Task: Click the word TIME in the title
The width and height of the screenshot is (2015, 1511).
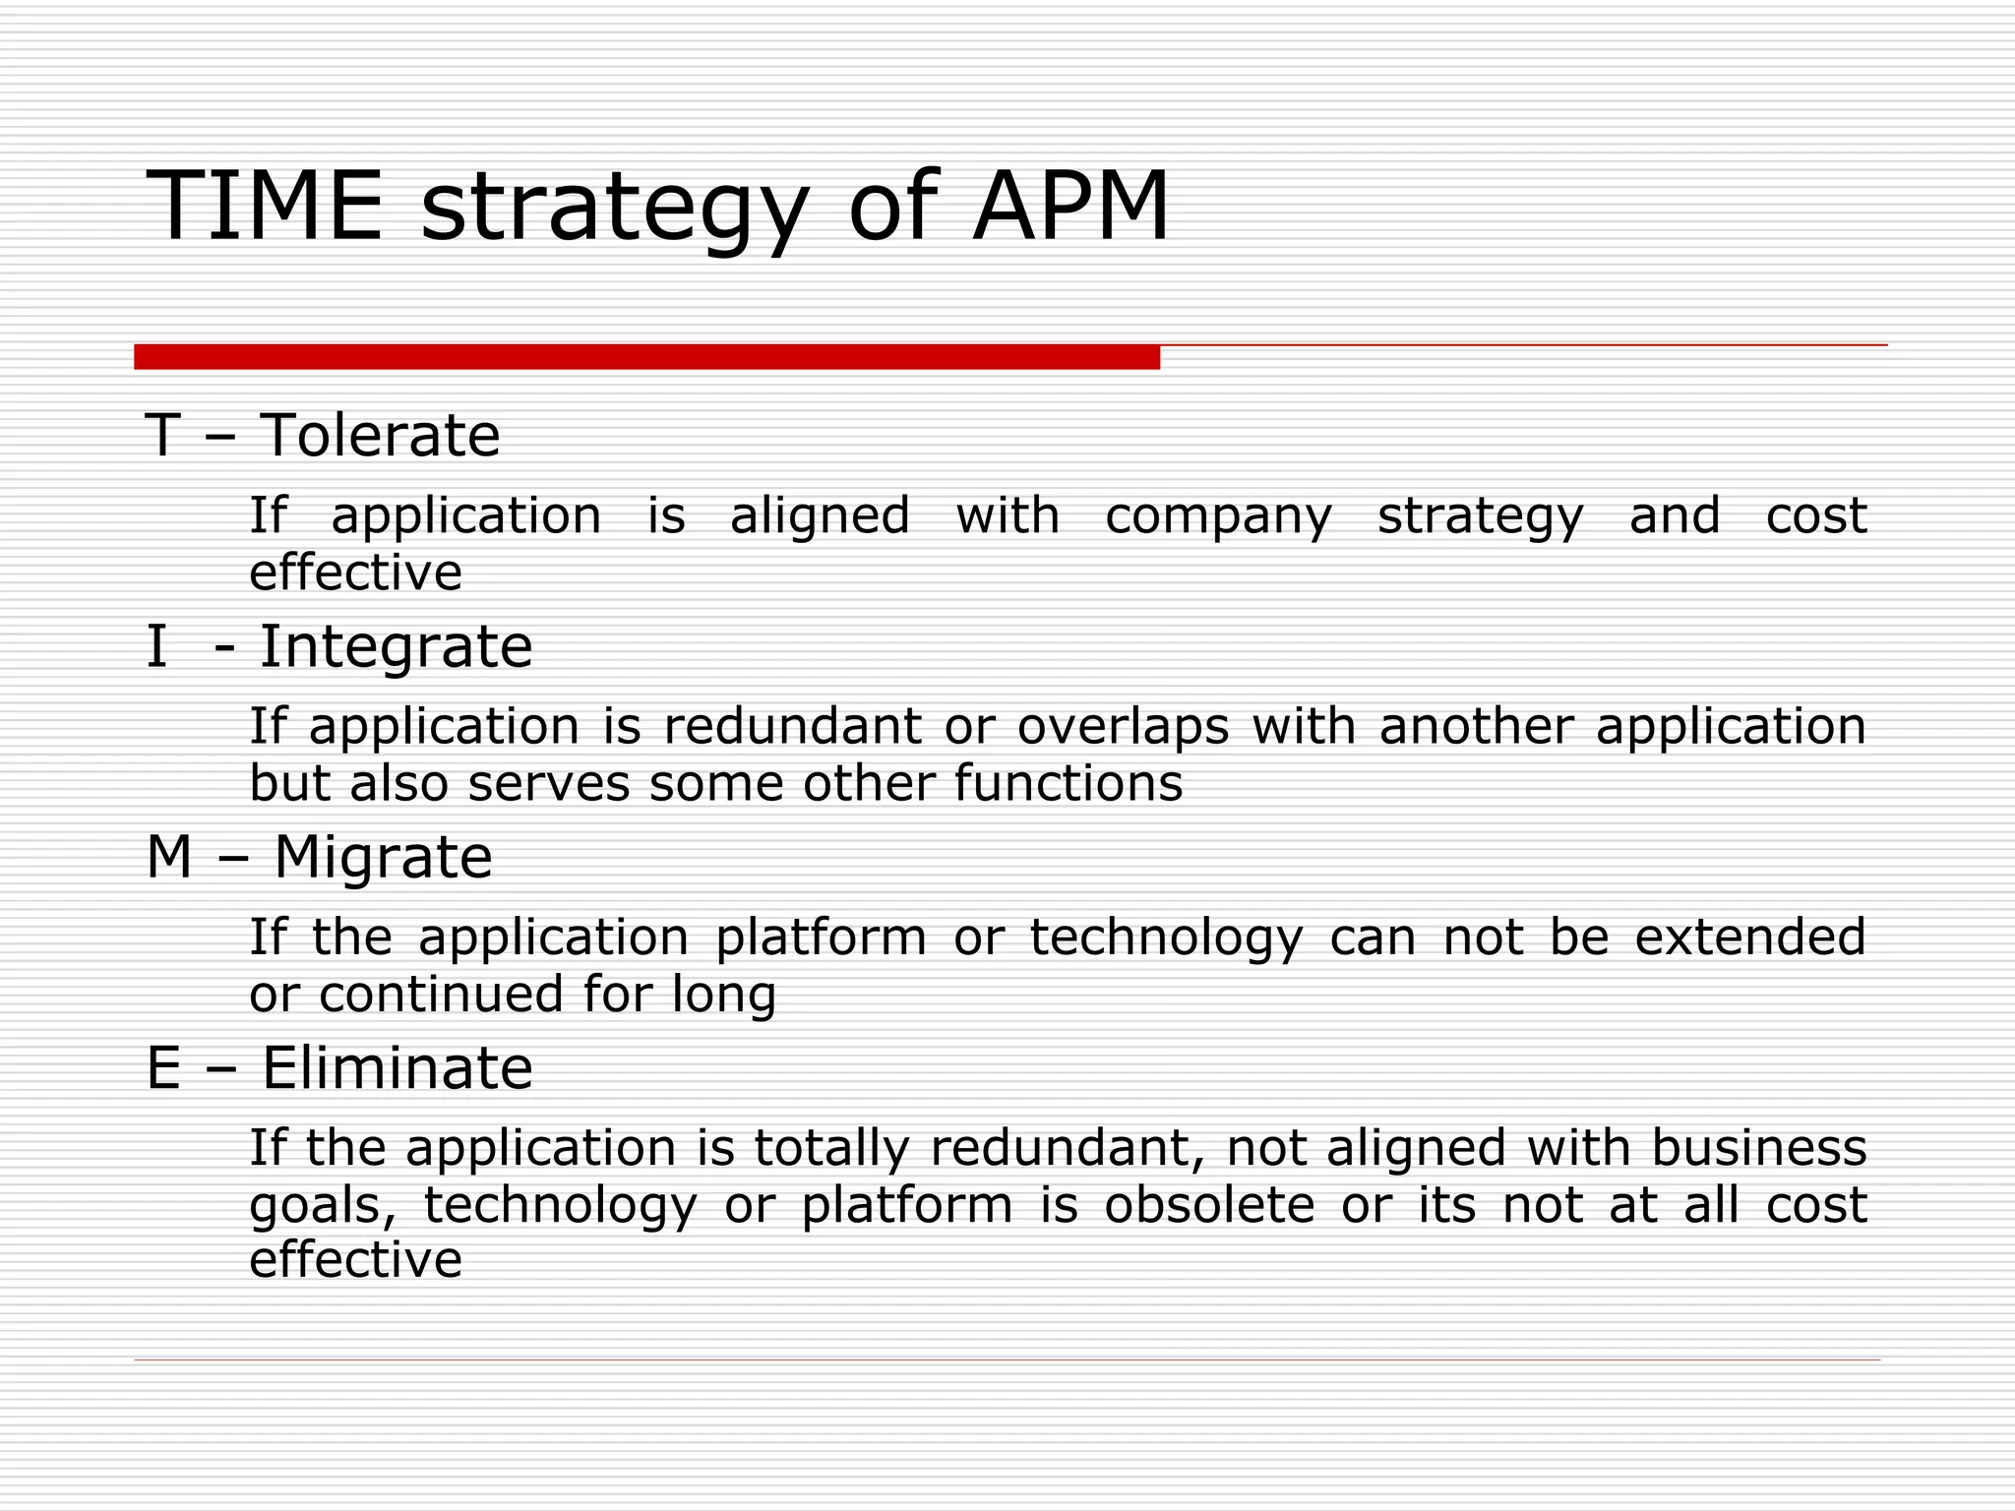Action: pos(264,207)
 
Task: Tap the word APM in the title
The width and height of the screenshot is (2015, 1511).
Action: pos(1070,207)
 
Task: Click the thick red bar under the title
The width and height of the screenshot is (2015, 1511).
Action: pos(646,357)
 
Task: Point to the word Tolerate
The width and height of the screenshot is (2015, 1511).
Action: pos(380,435)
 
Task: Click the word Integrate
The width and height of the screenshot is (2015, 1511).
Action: pos(396,646)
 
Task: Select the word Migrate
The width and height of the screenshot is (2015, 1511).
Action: pos(383,857)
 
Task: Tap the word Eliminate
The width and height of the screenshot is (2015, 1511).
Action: pos(397,1068)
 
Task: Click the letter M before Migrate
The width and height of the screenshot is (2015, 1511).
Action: pos(169,857)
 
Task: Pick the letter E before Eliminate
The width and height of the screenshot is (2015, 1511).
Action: pos(163,1068)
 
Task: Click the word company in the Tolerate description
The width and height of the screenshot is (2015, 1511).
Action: pos(1218,517)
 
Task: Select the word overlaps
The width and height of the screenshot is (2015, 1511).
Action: pos(1123,727)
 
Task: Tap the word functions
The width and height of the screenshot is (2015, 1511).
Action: pos(1068,784)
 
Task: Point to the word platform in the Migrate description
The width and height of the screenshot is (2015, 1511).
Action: pos(821,937)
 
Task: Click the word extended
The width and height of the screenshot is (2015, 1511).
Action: pos(1750,937)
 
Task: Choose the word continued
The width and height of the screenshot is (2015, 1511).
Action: pos(440,994)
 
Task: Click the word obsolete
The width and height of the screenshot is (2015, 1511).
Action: pos(1209,1205)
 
